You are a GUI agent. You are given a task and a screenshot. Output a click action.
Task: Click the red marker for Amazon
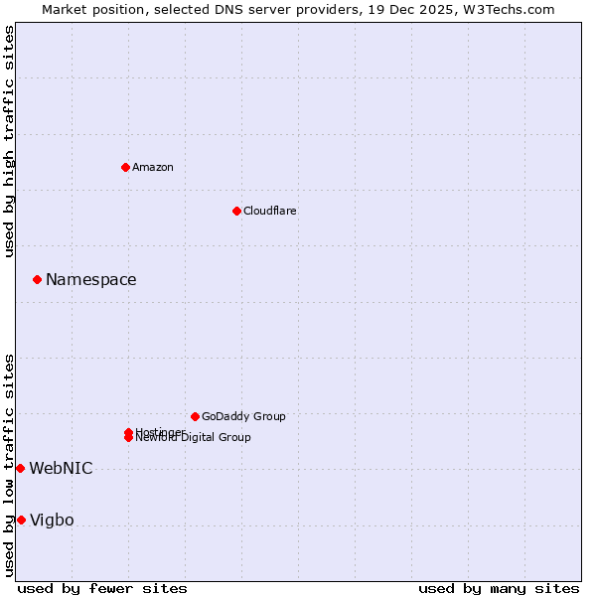[x=125, y=167]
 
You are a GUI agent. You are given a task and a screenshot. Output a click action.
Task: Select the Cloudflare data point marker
[x=236, y=211]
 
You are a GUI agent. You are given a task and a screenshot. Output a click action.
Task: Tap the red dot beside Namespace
[x=37, y=280]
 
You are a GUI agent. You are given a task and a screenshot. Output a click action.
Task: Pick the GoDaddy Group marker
[x=195, y=416]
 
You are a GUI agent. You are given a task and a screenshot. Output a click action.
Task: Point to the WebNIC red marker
[x=20, y=468]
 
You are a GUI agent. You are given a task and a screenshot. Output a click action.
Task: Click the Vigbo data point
[x=21, y=520]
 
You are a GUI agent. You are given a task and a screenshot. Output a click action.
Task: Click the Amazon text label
[x=153, y=167]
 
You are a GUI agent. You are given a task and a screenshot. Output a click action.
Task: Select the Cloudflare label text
[x=269, y=211]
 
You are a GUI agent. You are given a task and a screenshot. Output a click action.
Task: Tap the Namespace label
[x=90, y=280]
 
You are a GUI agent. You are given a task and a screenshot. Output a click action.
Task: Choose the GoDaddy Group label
[x=243, y=416]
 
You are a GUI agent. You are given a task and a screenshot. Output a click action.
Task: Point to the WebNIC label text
[x=61, y=468]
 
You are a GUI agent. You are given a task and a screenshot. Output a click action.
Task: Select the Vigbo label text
[x=52, y=520]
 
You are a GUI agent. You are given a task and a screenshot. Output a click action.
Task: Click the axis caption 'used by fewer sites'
[x=102, y=588]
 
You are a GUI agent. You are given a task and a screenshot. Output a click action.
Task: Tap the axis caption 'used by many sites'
[x=499, y=588]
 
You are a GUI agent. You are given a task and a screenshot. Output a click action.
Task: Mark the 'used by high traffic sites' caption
[x=9, y=141]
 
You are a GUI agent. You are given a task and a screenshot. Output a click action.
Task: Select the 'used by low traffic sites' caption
[x=9, y=465]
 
